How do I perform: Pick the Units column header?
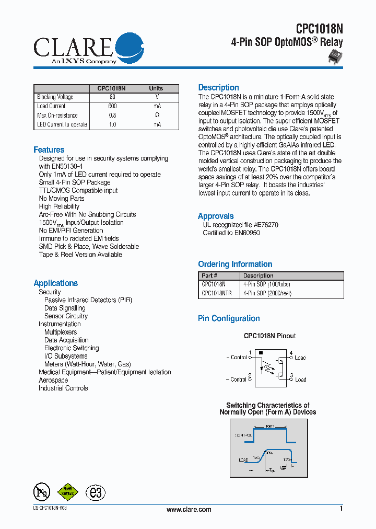tap(156, 88)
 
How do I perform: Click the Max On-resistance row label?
tap(57, 116)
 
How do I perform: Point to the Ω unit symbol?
tap(157, 116)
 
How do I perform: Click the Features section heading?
tap(49, 150)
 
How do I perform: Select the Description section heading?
tap(218, 88)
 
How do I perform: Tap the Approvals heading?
tap(216, 216)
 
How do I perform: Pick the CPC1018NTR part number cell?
tap(217, 294)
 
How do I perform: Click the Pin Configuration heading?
tap(229, 318)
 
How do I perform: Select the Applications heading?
tap(55, 283)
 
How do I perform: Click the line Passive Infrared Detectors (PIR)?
tap(88, 300)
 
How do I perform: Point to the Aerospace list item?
tap(53, 380)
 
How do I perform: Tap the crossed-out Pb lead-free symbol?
tap(41, 492)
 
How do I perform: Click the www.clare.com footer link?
tap(189, 509)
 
